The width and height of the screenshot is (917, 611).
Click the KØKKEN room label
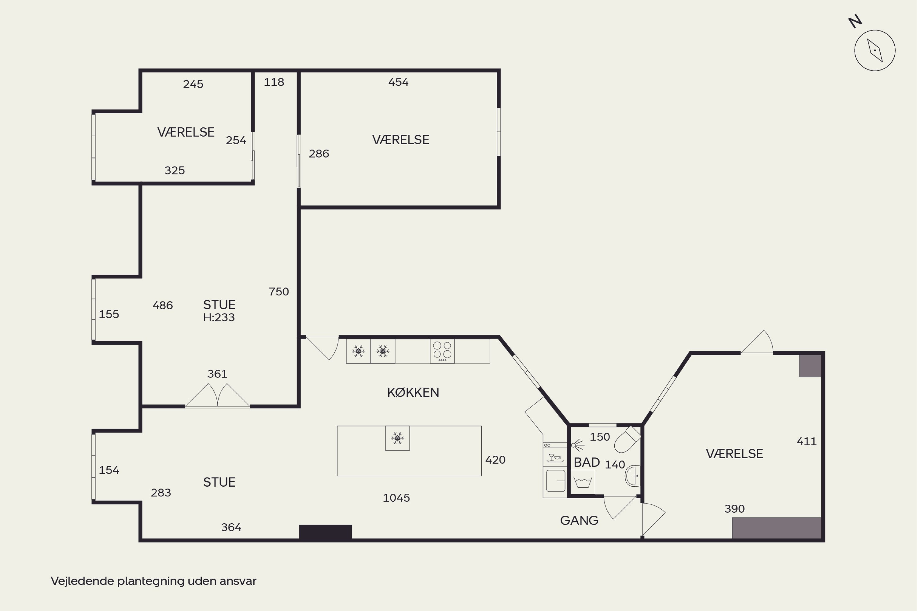coord(413,392)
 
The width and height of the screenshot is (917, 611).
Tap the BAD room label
coord(586,462)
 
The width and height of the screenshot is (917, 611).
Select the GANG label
coord(579,520)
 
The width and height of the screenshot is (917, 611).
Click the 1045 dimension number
coord(396,498)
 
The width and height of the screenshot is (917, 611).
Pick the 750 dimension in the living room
coord(279,291)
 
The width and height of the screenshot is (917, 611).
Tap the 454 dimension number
coord(398,82)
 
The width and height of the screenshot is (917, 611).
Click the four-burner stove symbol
coord(442,351)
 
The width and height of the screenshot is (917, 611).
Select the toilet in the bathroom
coord(627,440)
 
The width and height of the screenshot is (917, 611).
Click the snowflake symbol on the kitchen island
coord(397,438)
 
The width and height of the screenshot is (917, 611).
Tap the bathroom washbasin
coord(632,476)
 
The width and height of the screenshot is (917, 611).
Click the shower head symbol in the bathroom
coord(577,445)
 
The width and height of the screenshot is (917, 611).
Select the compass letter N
coord(855,22)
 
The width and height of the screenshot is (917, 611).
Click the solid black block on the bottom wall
coord(326,532)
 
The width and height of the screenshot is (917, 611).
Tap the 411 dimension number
coord(806,441)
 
